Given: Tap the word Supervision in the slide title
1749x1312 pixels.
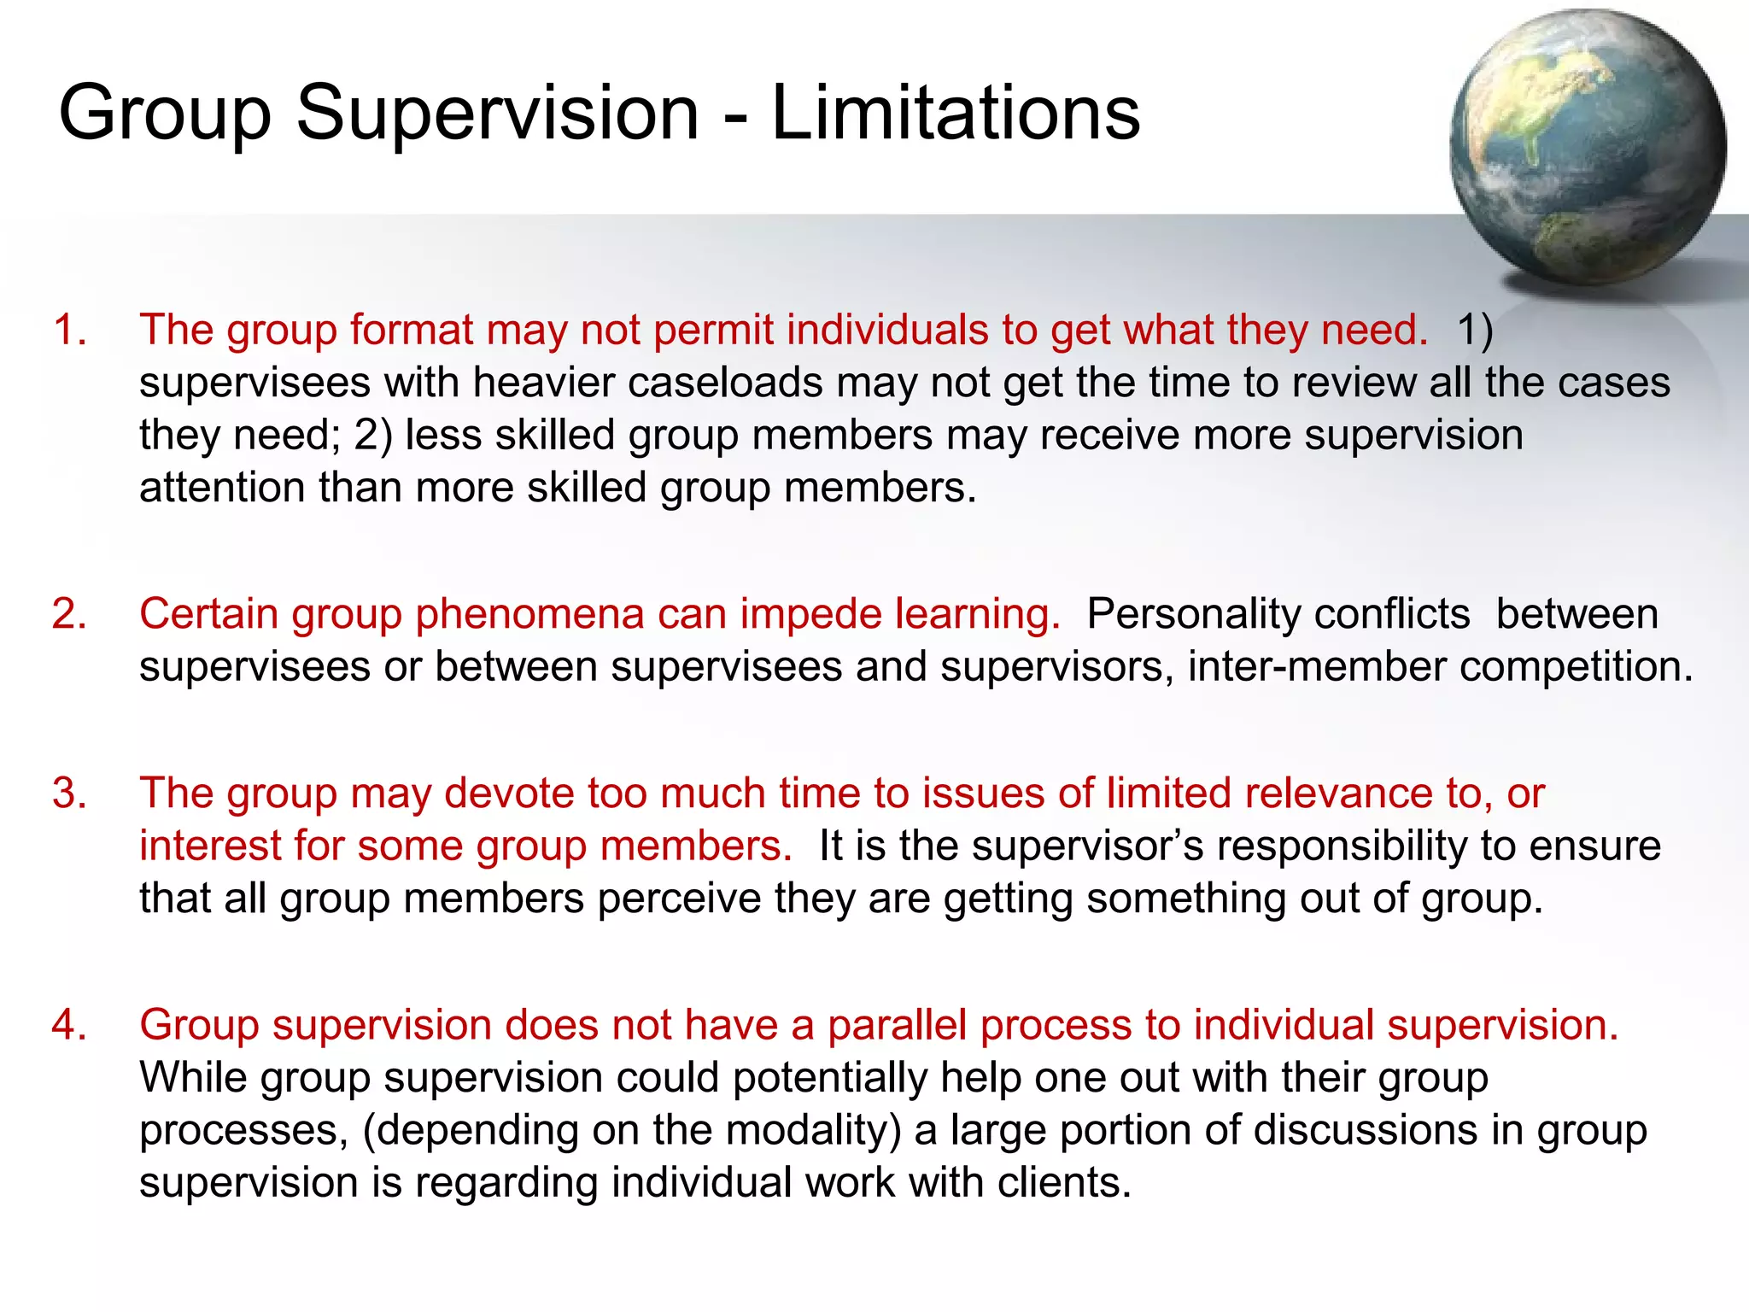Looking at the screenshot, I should (497, 114).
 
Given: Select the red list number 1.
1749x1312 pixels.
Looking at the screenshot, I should (69, 330).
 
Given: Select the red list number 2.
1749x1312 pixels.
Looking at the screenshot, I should (69, 614).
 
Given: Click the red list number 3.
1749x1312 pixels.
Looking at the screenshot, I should (69, 794).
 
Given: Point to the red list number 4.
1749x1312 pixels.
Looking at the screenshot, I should (69, 1025).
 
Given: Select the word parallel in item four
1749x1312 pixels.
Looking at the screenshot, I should (897, 1025).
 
